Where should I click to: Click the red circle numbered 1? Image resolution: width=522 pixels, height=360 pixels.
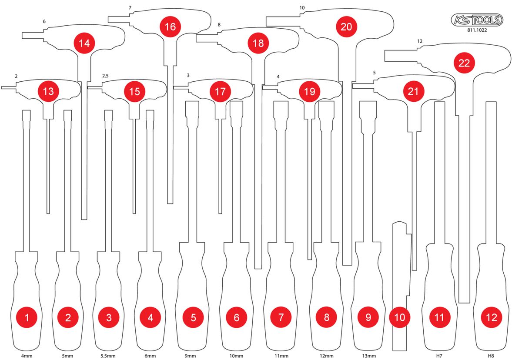click(27, 317)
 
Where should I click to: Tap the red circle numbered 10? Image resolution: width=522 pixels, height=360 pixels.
click(400, 317)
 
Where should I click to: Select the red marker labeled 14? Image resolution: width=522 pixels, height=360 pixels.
click(84, 43)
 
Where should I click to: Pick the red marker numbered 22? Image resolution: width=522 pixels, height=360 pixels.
click(464, 63)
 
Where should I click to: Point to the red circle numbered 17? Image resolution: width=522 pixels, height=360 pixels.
click(220, 91)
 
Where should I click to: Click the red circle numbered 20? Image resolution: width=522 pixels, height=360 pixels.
click(346, 27)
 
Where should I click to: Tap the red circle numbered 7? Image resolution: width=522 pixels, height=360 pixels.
click(281, 317)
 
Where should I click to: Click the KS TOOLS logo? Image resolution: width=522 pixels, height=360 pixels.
click(477, 20)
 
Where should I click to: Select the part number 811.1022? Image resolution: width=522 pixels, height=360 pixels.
click(477, 30)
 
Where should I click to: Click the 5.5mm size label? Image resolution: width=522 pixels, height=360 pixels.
click(108, 356)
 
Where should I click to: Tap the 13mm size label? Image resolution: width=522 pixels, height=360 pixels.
click(369, 356)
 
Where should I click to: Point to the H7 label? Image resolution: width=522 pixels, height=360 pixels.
click(439, 356)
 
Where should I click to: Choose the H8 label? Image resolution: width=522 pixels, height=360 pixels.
click(491, 356)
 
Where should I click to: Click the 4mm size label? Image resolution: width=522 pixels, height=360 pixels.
click(27, 356)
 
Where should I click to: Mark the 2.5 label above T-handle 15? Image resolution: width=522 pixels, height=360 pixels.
click(105, 76)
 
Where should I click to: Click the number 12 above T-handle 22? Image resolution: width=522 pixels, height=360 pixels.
click(420, 41)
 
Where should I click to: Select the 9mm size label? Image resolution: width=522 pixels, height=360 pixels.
click(190, 356)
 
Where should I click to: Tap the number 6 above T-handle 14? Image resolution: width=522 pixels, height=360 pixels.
click(44, 21)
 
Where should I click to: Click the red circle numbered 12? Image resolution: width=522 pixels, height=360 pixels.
click(492, 317)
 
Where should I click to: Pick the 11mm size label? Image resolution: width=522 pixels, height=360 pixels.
click(281, 356)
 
